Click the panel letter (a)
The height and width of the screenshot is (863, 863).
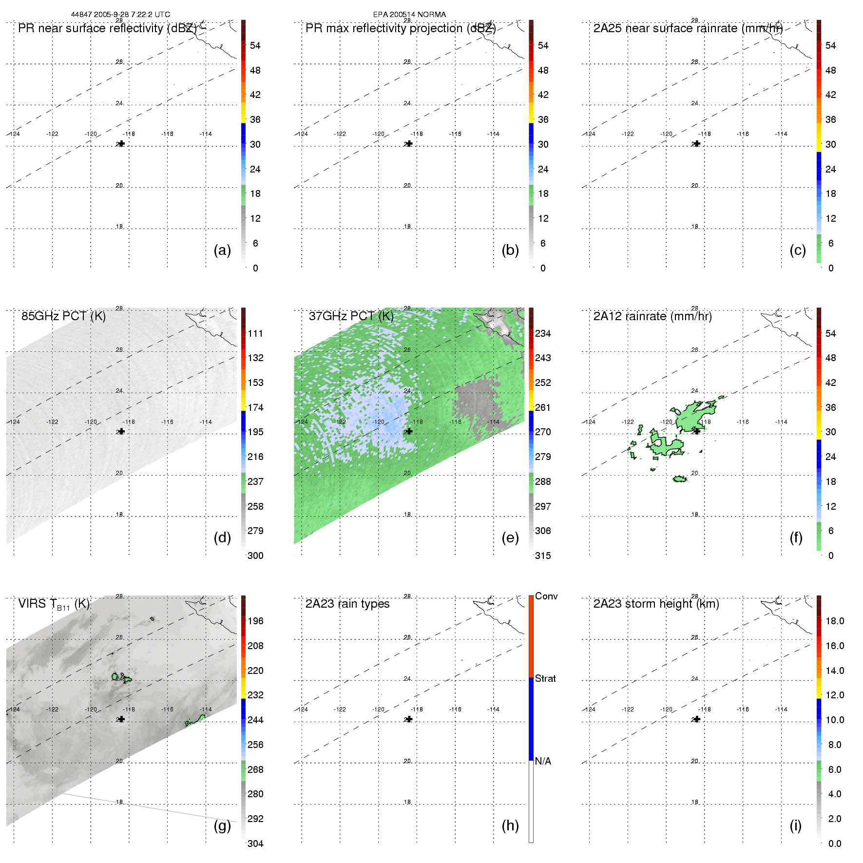pos(222,250)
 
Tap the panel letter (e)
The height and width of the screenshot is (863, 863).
pos(510,537)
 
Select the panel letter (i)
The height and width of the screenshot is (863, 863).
pos(795,825)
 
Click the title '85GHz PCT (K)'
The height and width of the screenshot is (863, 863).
pos(63,316)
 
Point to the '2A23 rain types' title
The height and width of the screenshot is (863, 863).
pos(347,604)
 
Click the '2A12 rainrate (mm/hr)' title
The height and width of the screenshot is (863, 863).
pos(652,316)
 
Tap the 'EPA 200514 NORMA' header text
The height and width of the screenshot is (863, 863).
pos(409,14)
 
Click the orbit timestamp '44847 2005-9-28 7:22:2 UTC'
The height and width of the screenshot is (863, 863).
pos(120,14)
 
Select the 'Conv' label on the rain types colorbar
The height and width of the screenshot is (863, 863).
pos(546,596)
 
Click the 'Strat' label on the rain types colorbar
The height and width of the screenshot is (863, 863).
pos(545,678)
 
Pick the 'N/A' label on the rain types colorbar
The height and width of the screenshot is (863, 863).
pos(543,761)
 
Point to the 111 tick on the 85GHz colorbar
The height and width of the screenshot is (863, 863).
pos(255,333)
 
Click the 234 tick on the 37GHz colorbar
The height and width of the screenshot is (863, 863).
pos(543,333)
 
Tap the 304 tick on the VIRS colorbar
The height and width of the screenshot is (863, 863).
pos(255,844)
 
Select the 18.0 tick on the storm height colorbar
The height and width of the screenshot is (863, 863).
pos(834,621)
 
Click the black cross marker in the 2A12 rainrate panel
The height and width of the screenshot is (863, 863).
pos(697,431)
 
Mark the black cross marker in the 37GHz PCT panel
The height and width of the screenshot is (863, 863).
pos(409,431)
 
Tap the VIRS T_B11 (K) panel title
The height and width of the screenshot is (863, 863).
pos(54,604)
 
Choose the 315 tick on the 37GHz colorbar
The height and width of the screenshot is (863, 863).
pos(543,556)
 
